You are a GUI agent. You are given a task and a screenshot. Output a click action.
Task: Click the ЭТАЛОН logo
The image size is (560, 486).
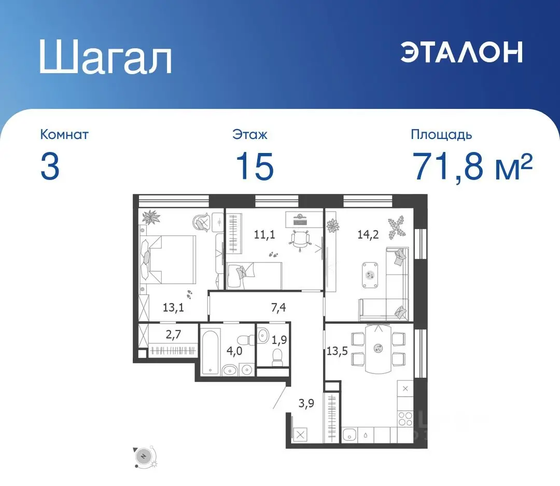(462, 52)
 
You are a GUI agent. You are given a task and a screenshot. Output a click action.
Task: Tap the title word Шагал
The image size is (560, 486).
(106, 57)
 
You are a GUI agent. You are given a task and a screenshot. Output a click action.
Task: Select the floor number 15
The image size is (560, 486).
(255, 166)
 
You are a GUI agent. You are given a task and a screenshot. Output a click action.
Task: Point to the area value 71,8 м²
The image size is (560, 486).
(472, 166)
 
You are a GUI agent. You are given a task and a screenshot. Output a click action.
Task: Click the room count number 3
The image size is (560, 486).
(50, 166)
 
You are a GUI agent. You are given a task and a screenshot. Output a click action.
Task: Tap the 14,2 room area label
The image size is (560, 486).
(368, 234)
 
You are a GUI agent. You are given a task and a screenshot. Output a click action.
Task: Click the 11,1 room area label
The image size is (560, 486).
(264, 234)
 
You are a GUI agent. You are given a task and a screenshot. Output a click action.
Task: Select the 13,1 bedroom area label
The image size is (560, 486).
(173, 308)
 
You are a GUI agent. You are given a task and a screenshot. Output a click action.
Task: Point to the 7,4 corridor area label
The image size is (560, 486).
(278, 308)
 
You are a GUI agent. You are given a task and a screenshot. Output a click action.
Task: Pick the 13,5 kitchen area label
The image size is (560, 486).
(337, 351)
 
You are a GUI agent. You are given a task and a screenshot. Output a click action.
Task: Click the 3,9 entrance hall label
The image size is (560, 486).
(306, 404)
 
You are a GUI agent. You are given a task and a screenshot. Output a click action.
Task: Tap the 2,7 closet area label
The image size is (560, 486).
(173, 335)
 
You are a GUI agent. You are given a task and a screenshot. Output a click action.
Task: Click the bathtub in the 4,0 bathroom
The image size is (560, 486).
(209, 352)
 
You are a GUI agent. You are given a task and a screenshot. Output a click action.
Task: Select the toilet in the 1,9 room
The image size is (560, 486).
(277, 357)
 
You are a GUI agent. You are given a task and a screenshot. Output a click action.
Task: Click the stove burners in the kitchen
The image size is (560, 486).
(405, 419)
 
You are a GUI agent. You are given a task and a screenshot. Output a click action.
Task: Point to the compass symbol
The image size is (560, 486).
(144, 456)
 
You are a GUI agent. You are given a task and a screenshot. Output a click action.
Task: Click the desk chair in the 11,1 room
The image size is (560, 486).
(299, 239)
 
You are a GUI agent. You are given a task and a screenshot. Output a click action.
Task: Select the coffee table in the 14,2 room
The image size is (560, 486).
(370, 275)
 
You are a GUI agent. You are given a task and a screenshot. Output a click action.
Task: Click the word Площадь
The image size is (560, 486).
(441, 135)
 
